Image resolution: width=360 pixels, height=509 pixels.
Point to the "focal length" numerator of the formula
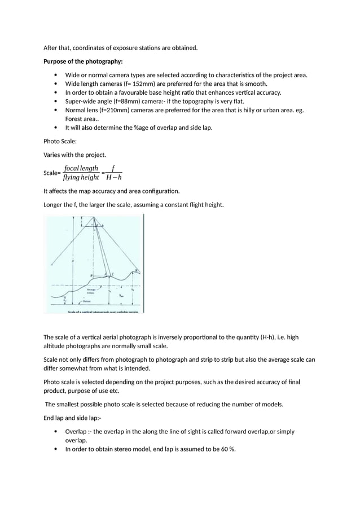pyautogui.click(x=81, y=168)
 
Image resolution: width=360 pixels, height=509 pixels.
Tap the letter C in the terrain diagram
pyautogui.click(x=112, y=274)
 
